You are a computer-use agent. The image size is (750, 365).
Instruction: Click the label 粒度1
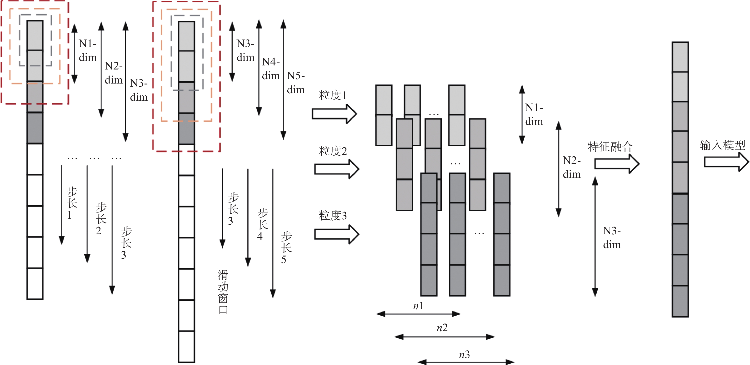coord(332,95)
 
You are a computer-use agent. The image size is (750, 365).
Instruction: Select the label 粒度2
coord(332,151)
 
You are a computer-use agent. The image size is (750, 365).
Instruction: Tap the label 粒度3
coord(332,216)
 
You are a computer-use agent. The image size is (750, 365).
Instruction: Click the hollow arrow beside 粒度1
coord(334,114)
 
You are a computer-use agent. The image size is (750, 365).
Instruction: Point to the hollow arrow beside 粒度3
coord(337,234)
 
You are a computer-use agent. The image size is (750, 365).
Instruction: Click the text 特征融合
coord(610,146)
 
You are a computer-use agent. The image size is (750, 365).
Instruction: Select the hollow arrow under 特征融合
coord(616,163)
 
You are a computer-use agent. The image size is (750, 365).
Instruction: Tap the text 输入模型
coord(722,145)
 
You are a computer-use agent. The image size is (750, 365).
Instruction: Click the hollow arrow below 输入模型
coord(726,162)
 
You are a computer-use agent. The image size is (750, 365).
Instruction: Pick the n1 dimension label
coord(418,306)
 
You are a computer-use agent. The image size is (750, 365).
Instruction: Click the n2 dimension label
coord(442,328)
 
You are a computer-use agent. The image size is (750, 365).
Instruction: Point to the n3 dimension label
coord(464,355)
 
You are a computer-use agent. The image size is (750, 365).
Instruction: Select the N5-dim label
coord(296,83)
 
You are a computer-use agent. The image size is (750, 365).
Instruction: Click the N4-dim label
coord(271,69)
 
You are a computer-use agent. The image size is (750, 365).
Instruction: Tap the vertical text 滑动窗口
coord(223,292)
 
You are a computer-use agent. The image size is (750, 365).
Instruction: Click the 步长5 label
coord(286,247)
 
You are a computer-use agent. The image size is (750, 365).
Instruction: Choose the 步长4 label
coord(262,224)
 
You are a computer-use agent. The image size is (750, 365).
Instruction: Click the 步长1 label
coord(72,203)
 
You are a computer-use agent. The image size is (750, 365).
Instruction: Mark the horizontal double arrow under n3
coord(466,362)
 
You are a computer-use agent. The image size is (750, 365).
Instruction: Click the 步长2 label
coord(101,219)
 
